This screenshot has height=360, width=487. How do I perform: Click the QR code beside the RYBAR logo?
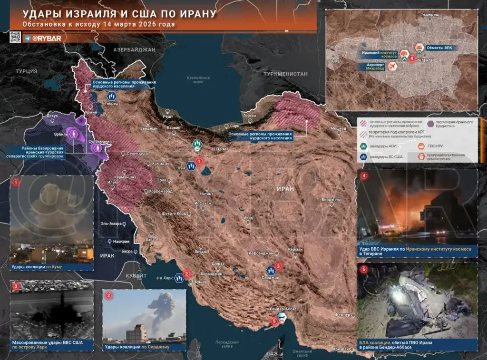point(15,38)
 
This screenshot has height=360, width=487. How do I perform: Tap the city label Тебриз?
point(112,103)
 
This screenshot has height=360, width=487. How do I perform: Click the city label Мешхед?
point(338,128)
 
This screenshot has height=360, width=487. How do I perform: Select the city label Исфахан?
point(203,203)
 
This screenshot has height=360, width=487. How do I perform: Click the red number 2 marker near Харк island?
point(187,273)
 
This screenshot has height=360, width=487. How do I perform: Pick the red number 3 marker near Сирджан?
point(279,266)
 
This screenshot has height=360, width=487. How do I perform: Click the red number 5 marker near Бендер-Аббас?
point(274,321)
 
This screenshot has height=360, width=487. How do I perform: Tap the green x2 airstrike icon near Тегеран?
point(197,144)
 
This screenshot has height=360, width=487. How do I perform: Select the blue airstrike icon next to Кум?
point(191,166)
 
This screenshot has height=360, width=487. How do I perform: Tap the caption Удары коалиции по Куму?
point(37,267)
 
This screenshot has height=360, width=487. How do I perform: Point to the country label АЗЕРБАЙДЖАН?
point(135,49)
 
